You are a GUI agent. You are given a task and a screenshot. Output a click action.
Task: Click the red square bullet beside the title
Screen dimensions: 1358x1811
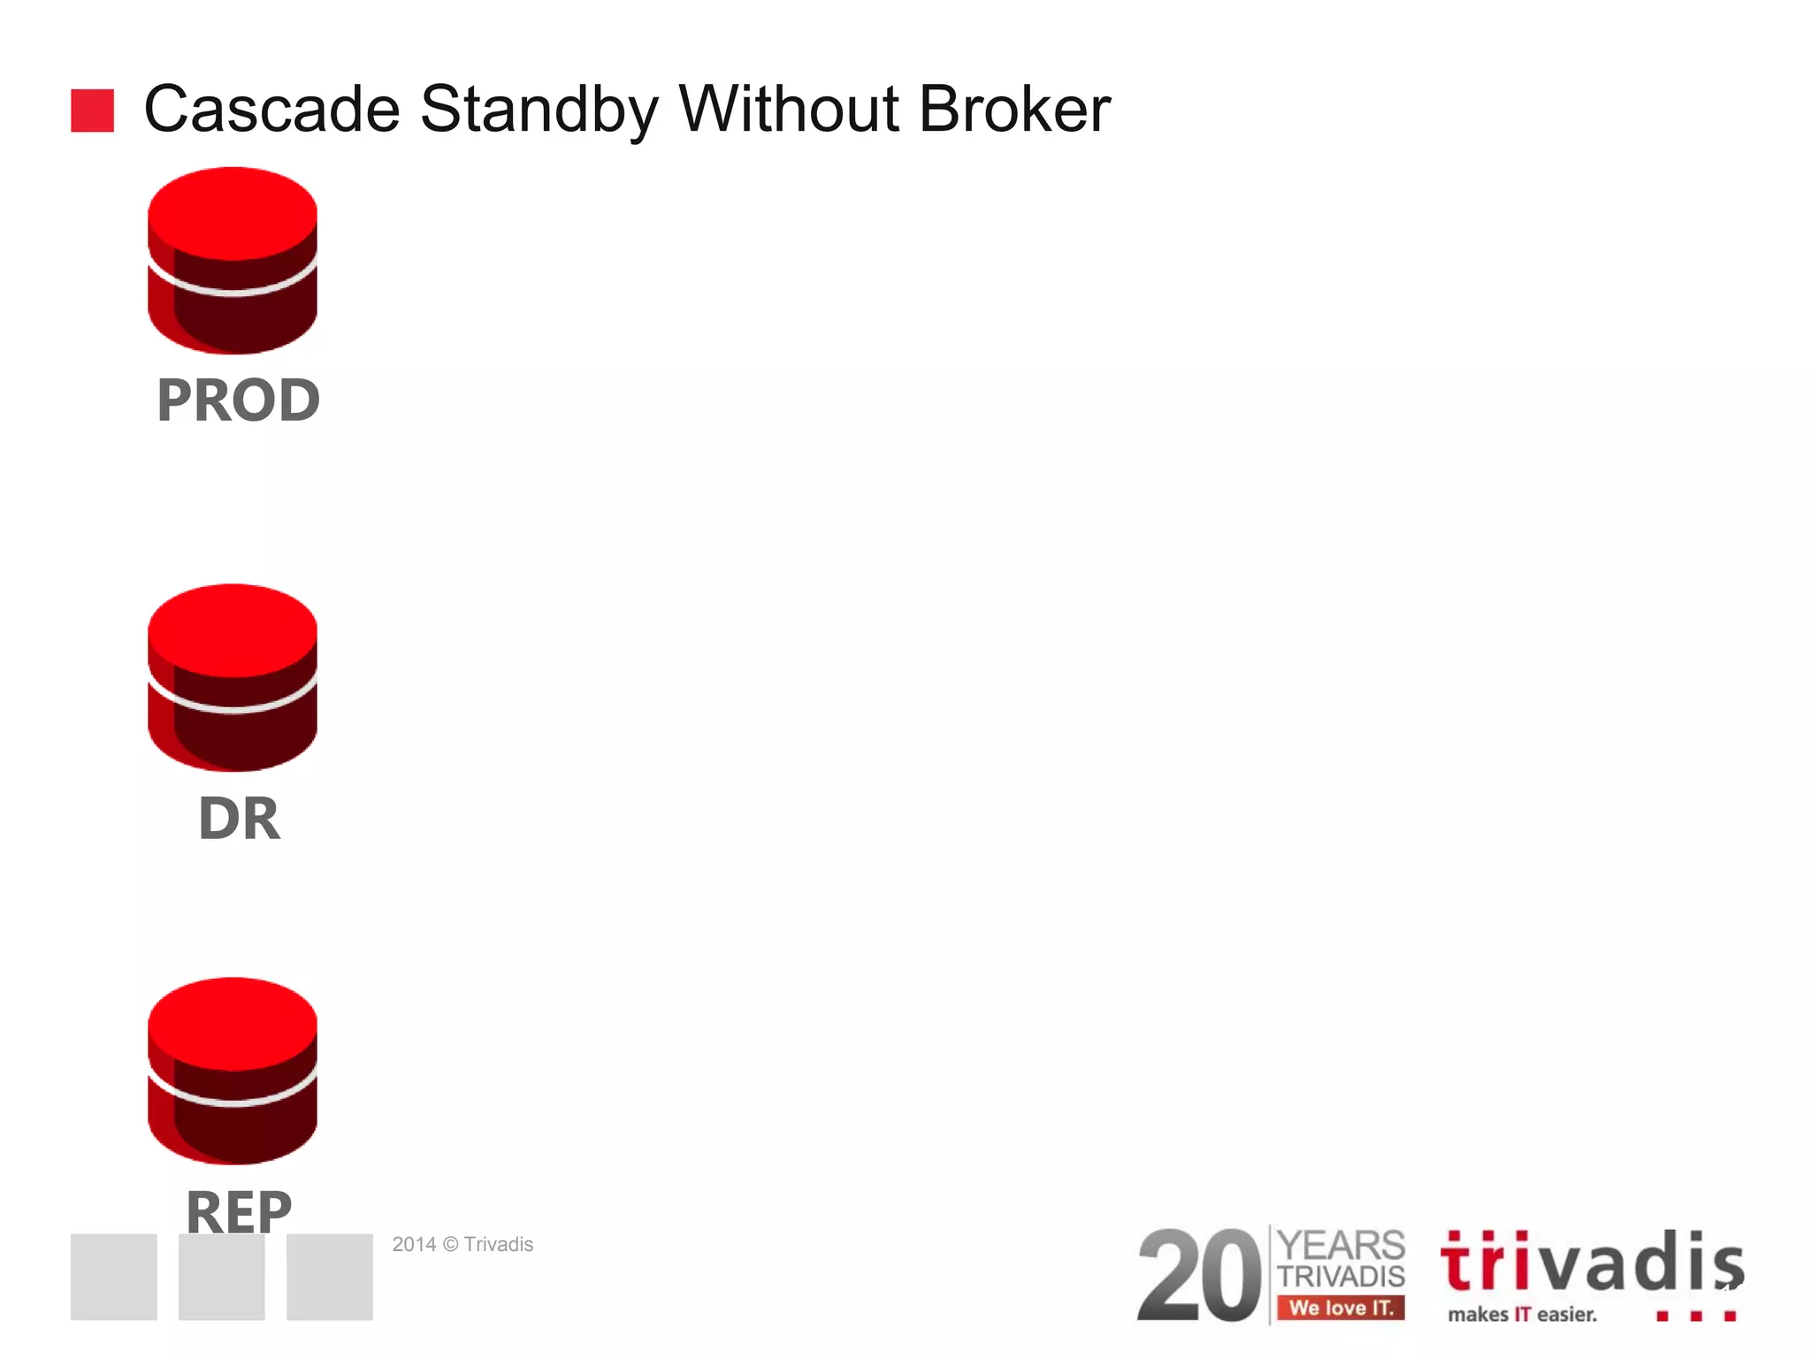coord(92,111)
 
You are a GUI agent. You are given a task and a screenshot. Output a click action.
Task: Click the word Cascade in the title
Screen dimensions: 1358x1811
coord(271,110)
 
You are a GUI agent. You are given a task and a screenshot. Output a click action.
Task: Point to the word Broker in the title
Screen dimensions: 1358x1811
coord(1014,110)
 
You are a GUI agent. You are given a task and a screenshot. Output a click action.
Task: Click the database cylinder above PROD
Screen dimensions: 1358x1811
coord(233,261)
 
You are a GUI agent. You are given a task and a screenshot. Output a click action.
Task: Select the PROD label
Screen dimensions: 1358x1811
coord(238,401)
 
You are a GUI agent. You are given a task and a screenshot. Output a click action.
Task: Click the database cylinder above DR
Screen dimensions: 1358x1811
coord(233,677)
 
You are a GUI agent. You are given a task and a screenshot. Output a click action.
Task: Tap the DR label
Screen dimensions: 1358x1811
coord(239,819)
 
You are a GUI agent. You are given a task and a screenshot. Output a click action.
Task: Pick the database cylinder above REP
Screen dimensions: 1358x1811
coord(233,1071)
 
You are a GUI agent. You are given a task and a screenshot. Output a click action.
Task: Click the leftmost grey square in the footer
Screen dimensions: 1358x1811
coord(114,1277)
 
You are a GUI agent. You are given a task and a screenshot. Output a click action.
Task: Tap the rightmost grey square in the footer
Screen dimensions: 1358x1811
coord(329,1277)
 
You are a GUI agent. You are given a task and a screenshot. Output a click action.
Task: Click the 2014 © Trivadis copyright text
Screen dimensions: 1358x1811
coord(462,1244)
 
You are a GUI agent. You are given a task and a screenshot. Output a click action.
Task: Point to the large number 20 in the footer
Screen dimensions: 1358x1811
coord(1199,1276)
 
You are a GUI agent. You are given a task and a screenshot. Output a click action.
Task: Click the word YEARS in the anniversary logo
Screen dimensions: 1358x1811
coord(1341,1245)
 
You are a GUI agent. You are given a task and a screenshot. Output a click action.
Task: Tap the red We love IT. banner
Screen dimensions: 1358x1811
coord(1341,1308)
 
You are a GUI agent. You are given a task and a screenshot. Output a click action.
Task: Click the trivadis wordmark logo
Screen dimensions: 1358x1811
coord(1591,1263)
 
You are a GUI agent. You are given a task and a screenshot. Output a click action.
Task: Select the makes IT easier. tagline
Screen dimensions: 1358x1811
coord(1522,1315)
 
